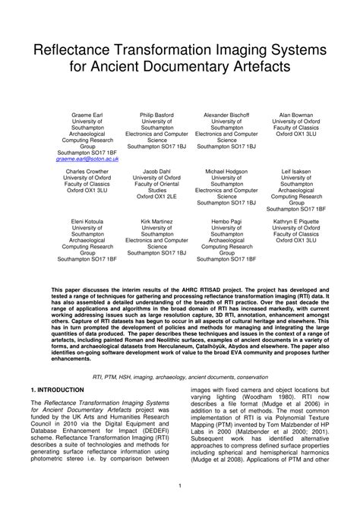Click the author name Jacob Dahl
click(x=157, y=171)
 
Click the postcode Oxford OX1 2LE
click(x=157, y=196)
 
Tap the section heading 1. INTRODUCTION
click(x=57, y=389)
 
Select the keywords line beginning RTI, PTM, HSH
click(x=180, y=376)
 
